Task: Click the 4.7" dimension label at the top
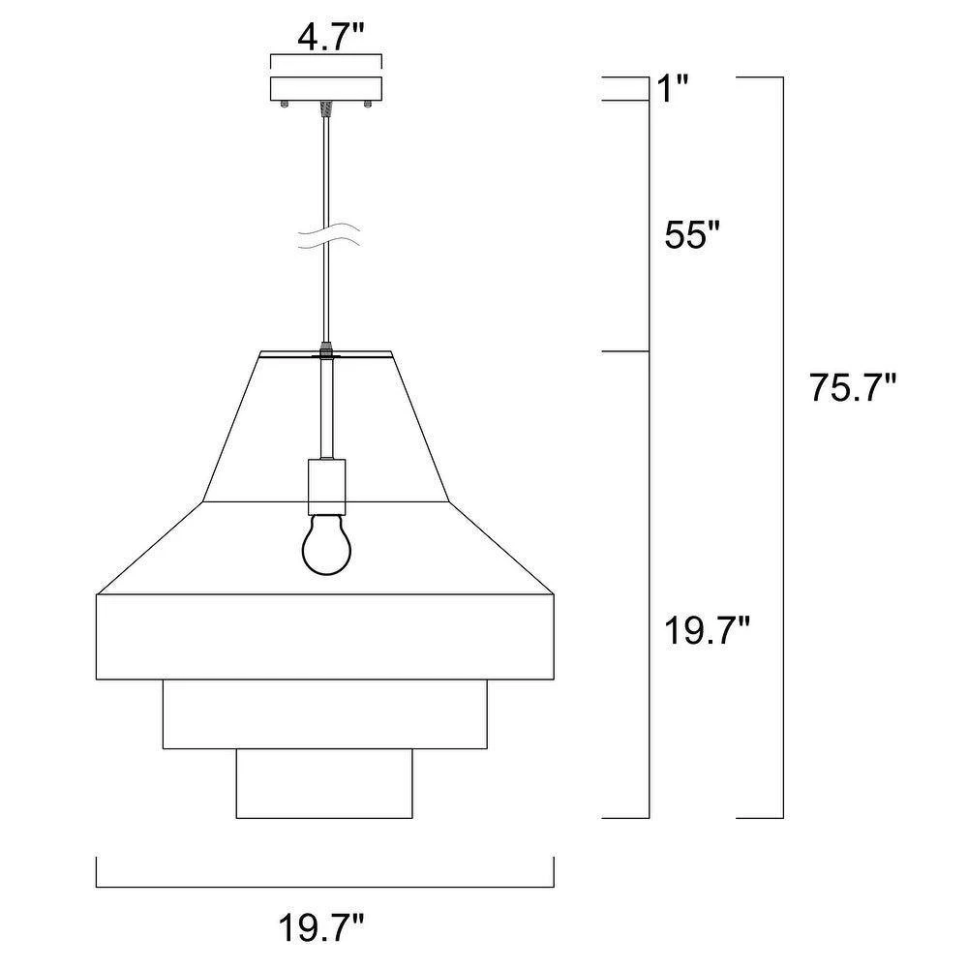[326, 38]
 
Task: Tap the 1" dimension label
[671, 88]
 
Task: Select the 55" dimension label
[692, 234]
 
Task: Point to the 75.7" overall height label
[852, 388]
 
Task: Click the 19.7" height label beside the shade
[707, 631]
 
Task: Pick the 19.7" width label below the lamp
[321, 927]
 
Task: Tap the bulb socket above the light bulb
[326, 487]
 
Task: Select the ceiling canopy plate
[326, 88]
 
